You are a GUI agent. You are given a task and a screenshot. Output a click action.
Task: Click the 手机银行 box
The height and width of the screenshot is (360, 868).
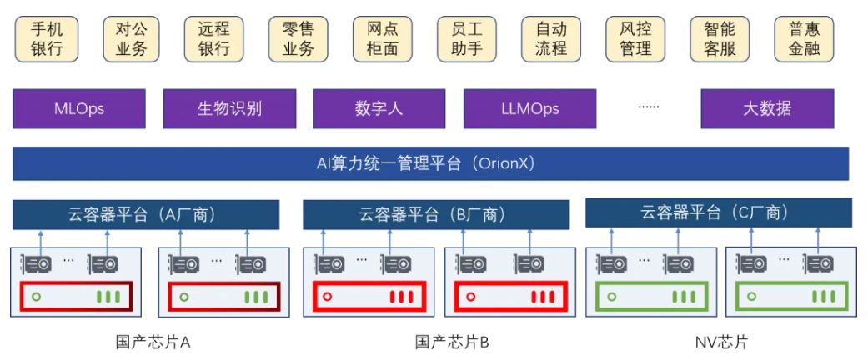[47, 39]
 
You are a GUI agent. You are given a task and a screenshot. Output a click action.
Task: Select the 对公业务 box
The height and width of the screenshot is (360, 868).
[131, 39]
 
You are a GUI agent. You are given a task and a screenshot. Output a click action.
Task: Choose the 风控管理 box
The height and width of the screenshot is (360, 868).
[635, 39]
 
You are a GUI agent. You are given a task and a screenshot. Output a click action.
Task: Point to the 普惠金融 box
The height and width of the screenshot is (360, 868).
[804, 39]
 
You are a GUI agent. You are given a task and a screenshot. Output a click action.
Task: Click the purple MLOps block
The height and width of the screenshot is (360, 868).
[79, 108]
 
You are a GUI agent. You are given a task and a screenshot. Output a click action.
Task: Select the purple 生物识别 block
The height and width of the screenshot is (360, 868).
[229, 108]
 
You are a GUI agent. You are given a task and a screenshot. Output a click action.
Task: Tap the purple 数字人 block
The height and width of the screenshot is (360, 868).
[379, 108]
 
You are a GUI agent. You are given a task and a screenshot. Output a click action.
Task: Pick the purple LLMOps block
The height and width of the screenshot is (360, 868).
[530, 108]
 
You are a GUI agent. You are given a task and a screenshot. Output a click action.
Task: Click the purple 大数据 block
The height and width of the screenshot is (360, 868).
[767, 108]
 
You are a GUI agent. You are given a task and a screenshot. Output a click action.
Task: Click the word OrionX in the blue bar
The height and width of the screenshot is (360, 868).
[502, 163]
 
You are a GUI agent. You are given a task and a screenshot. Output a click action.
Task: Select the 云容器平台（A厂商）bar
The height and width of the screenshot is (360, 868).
[146, 214]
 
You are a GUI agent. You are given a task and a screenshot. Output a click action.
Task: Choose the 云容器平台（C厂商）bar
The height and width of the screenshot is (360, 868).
[718, 212]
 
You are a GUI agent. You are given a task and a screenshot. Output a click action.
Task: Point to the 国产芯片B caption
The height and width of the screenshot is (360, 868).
[452, 342]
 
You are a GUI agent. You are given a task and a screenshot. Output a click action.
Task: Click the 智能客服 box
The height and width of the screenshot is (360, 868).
[720, 39]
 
